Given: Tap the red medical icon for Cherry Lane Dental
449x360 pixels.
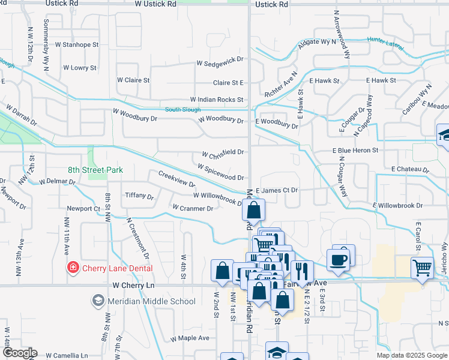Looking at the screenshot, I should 73,268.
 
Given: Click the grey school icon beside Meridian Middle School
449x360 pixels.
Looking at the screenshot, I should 97,300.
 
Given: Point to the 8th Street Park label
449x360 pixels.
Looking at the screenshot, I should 95,170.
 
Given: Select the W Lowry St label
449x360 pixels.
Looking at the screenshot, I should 79,68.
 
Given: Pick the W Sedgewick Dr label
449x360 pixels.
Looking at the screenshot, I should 220,62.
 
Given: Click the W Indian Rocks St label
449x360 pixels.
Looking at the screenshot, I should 217,100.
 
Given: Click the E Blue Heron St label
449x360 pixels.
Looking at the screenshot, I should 356,150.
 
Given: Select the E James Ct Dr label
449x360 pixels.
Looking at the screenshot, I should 277,190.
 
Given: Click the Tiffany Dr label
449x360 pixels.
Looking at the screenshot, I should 139,196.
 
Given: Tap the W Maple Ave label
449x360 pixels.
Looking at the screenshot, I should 190,338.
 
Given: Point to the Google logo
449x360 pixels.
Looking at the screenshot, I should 19,353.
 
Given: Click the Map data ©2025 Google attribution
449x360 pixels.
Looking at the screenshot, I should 411,355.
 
